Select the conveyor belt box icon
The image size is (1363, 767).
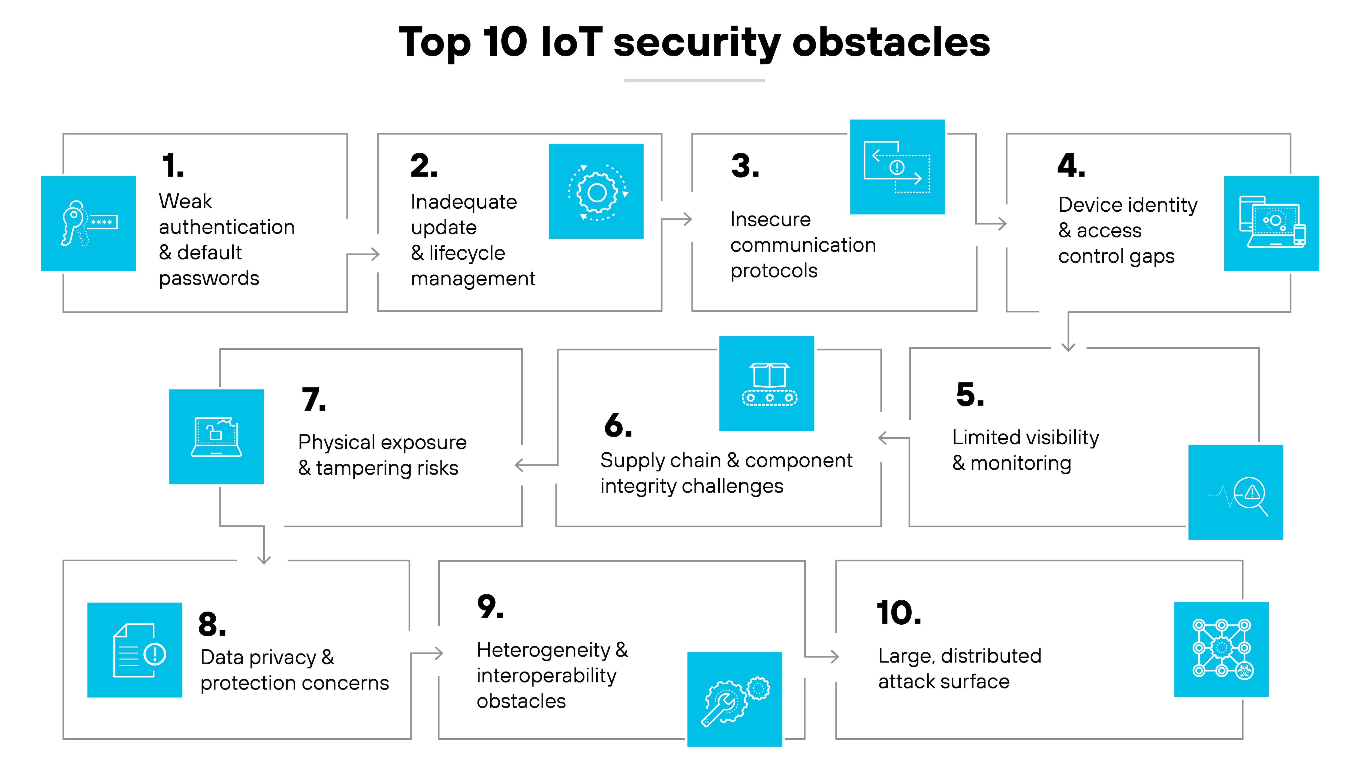[x=767, y=383]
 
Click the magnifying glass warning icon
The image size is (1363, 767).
[x=1235, y=492]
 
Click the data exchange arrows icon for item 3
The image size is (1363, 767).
[x=897, y=167]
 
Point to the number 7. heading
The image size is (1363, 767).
[x=314, y=400]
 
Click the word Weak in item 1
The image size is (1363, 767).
[x=185, y=202]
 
